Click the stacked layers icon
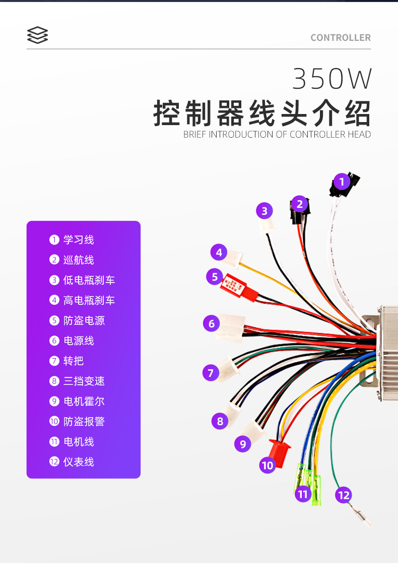tap(38, 35)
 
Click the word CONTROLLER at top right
tap(341, 38)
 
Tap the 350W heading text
tap(332, 79)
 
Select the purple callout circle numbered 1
tap(342, 181)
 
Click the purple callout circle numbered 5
tap(215, 276)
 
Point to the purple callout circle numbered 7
tap(211, 373)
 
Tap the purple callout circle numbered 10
tap(268, 465)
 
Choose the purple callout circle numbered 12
tap(343, 495)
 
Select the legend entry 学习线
tap(78, 240)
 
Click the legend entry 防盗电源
tap(84, 320)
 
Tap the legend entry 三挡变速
tap(84, 381)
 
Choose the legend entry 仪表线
tap(78, 462)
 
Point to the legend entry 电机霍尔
tap(84, 401)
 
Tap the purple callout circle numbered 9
tap(243, 444)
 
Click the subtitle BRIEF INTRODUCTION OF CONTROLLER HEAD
tap(277, 134)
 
